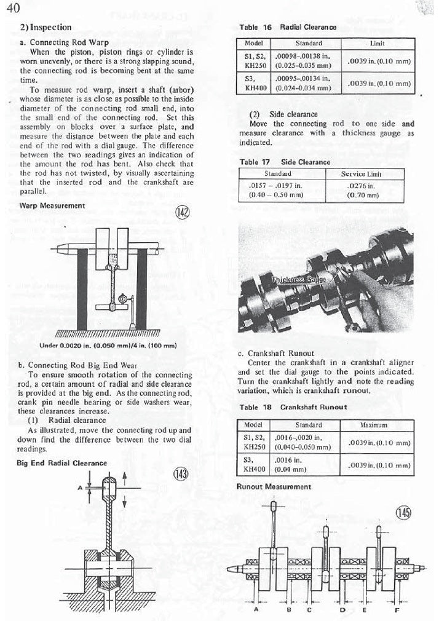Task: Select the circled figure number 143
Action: [x=181, y=474]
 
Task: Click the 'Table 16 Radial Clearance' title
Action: [x=287, y=28]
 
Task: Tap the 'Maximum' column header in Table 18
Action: [x=378, y=425]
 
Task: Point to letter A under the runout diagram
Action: [x=255, y=610]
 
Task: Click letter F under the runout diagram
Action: [x=397, y=610]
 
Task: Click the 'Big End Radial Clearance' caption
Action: [x=61, y=463]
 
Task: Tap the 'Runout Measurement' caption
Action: [x=274, y=486]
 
